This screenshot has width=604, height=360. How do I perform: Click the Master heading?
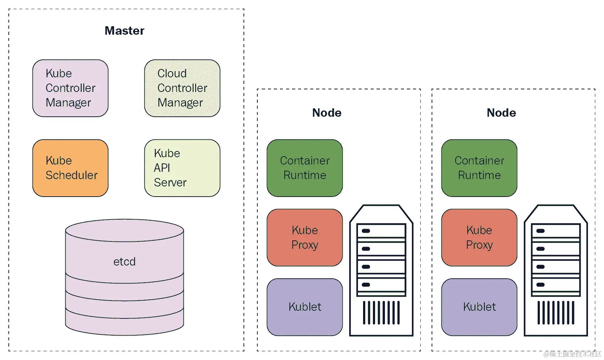click(124, 31)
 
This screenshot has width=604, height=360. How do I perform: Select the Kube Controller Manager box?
click(70, 88)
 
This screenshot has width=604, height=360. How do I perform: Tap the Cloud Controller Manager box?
click(182, 88)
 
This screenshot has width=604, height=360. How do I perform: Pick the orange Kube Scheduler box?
click(70, 168)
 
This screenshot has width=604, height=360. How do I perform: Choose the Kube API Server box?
click(182, 168)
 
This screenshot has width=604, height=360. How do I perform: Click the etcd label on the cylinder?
click(124, 262)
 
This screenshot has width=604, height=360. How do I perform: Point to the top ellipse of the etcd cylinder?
click(124, 230)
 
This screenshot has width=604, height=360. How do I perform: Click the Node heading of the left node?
click(327, 113)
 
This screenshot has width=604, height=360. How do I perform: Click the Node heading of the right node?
click(501, 113)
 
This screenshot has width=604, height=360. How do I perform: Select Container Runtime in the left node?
click(305, 168)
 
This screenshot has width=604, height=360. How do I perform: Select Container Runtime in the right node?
click(479, 168)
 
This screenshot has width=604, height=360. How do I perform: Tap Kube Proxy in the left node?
click(305, 237)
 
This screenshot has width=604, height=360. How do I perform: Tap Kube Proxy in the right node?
click(479, 237)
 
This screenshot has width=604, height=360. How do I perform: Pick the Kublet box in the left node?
click(305, 307)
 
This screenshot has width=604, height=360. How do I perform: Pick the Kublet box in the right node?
click(479, 307)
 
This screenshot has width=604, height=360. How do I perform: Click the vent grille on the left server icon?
click(381, 313)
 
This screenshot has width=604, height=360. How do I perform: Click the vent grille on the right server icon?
click(556, 313)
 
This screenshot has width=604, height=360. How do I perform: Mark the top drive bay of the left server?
click(381, 231)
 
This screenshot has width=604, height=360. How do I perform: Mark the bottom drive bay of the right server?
click(556, 285)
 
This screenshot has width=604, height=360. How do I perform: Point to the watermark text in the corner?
click(572, 354)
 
